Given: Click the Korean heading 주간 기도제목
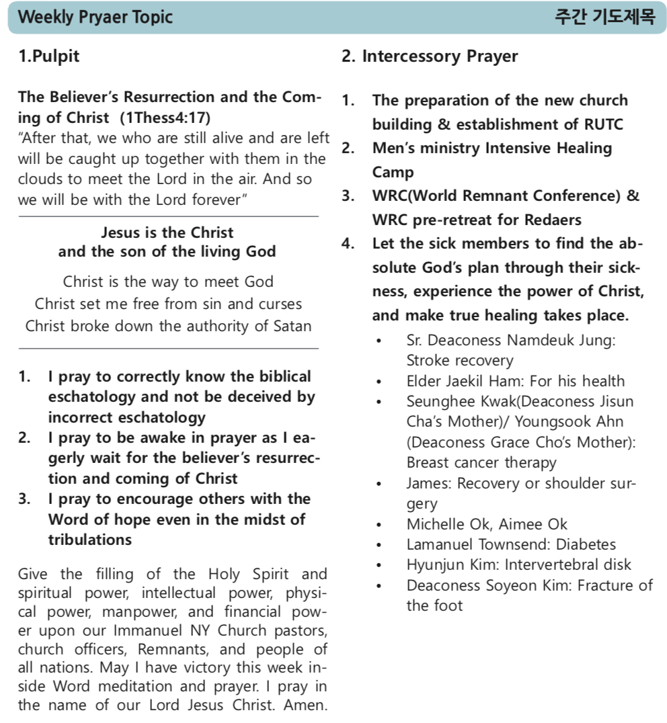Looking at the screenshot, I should [604, 17].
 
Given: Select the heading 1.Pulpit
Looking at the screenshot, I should [48, 56].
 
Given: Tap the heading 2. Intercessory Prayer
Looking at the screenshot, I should [430, 56].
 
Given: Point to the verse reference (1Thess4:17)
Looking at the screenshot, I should [165, 118].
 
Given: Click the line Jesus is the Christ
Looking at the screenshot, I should [167, 233].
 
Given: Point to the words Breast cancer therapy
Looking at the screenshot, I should [481, 463].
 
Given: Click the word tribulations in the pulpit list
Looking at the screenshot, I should [89, 540].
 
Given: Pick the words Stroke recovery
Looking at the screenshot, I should [459, 361].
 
